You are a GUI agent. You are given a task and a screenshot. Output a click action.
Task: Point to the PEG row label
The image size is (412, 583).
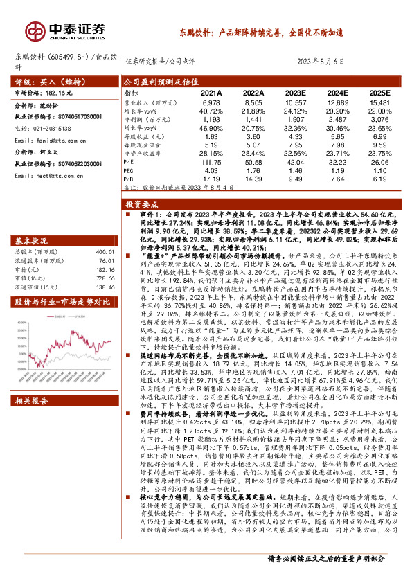click(129, 170)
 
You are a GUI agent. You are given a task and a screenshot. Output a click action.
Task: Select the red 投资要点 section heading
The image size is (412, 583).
click(141, 206)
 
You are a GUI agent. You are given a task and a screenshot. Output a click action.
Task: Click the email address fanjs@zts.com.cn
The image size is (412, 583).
click(49, 141)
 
